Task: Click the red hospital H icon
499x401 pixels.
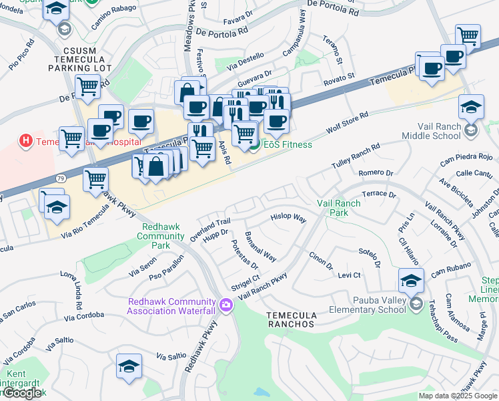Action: pyautogui.click(x=26, y=141)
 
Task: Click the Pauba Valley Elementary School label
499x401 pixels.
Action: pyautogui.click(x=368, y=305)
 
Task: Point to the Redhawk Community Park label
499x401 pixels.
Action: pyautogui.click(x=161, y=236)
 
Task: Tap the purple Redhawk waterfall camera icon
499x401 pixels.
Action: pyautogui.click(x=227, y=305)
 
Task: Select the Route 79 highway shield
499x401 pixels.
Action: pyautogui.click(x=60, y=180)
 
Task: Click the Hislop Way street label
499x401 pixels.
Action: pyautogui.click(x=288, y=218)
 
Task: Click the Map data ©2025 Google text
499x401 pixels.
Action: pyautogui.click(x=458, y=396)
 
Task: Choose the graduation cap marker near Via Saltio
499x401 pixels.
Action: pyautogui.click(x=129, y=366)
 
